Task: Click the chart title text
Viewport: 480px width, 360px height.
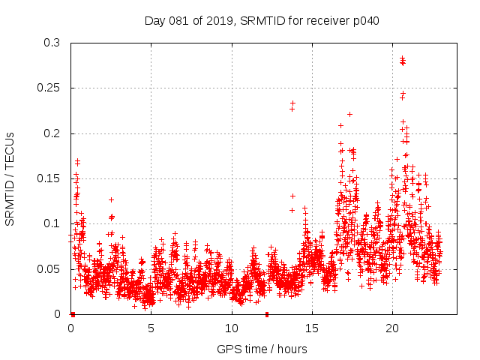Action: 262,21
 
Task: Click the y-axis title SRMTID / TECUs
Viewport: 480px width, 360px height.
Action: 10,178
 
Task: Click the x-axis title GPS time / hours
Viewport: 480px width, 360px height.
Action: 262,349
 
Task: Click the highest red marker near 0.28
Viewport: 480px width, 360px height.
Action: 402,58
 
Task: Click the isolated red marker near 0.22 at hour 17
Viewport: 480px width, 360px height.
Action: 349,114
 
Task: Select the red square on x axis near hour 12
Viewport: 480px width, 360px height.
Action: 267,314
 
